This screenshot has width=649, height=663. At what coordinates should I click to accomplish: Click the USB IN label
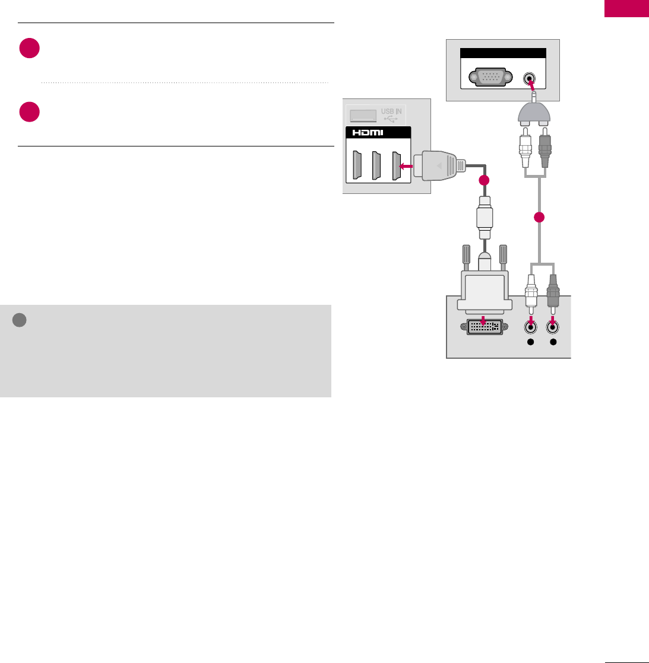pyautogui.click(x=391, y=112)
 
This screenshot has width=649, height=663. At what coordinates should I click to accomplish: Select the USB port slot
pyautogui.click(x=360, y=114)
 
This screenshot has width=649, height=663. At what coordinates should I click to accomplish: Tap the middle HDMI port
pyautogui.click(x=375, y=166)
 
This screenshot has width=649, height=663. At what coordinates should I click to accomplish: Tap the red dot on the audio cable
pyautogui.click(x=539, y=218)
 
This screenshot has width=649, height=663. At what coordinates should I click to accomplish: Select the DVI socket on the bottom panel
pyautogui.click(x=484, y=327)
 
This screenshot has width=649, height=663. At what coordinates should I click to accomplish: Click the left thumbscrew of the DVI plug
pyautogui.click(x=466, y=257)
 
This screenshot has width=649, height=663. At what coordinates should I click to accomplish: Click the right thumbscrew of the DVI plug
pyautogui.click(x=503, y=257)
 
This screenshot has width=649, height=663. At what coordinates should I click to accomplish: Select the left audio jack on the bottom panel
pyautogui.click(x=531, y=326)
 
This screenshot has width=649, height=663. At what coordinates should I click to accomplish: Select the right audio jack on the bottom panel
pyautogui.click(x=553, y=326)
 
